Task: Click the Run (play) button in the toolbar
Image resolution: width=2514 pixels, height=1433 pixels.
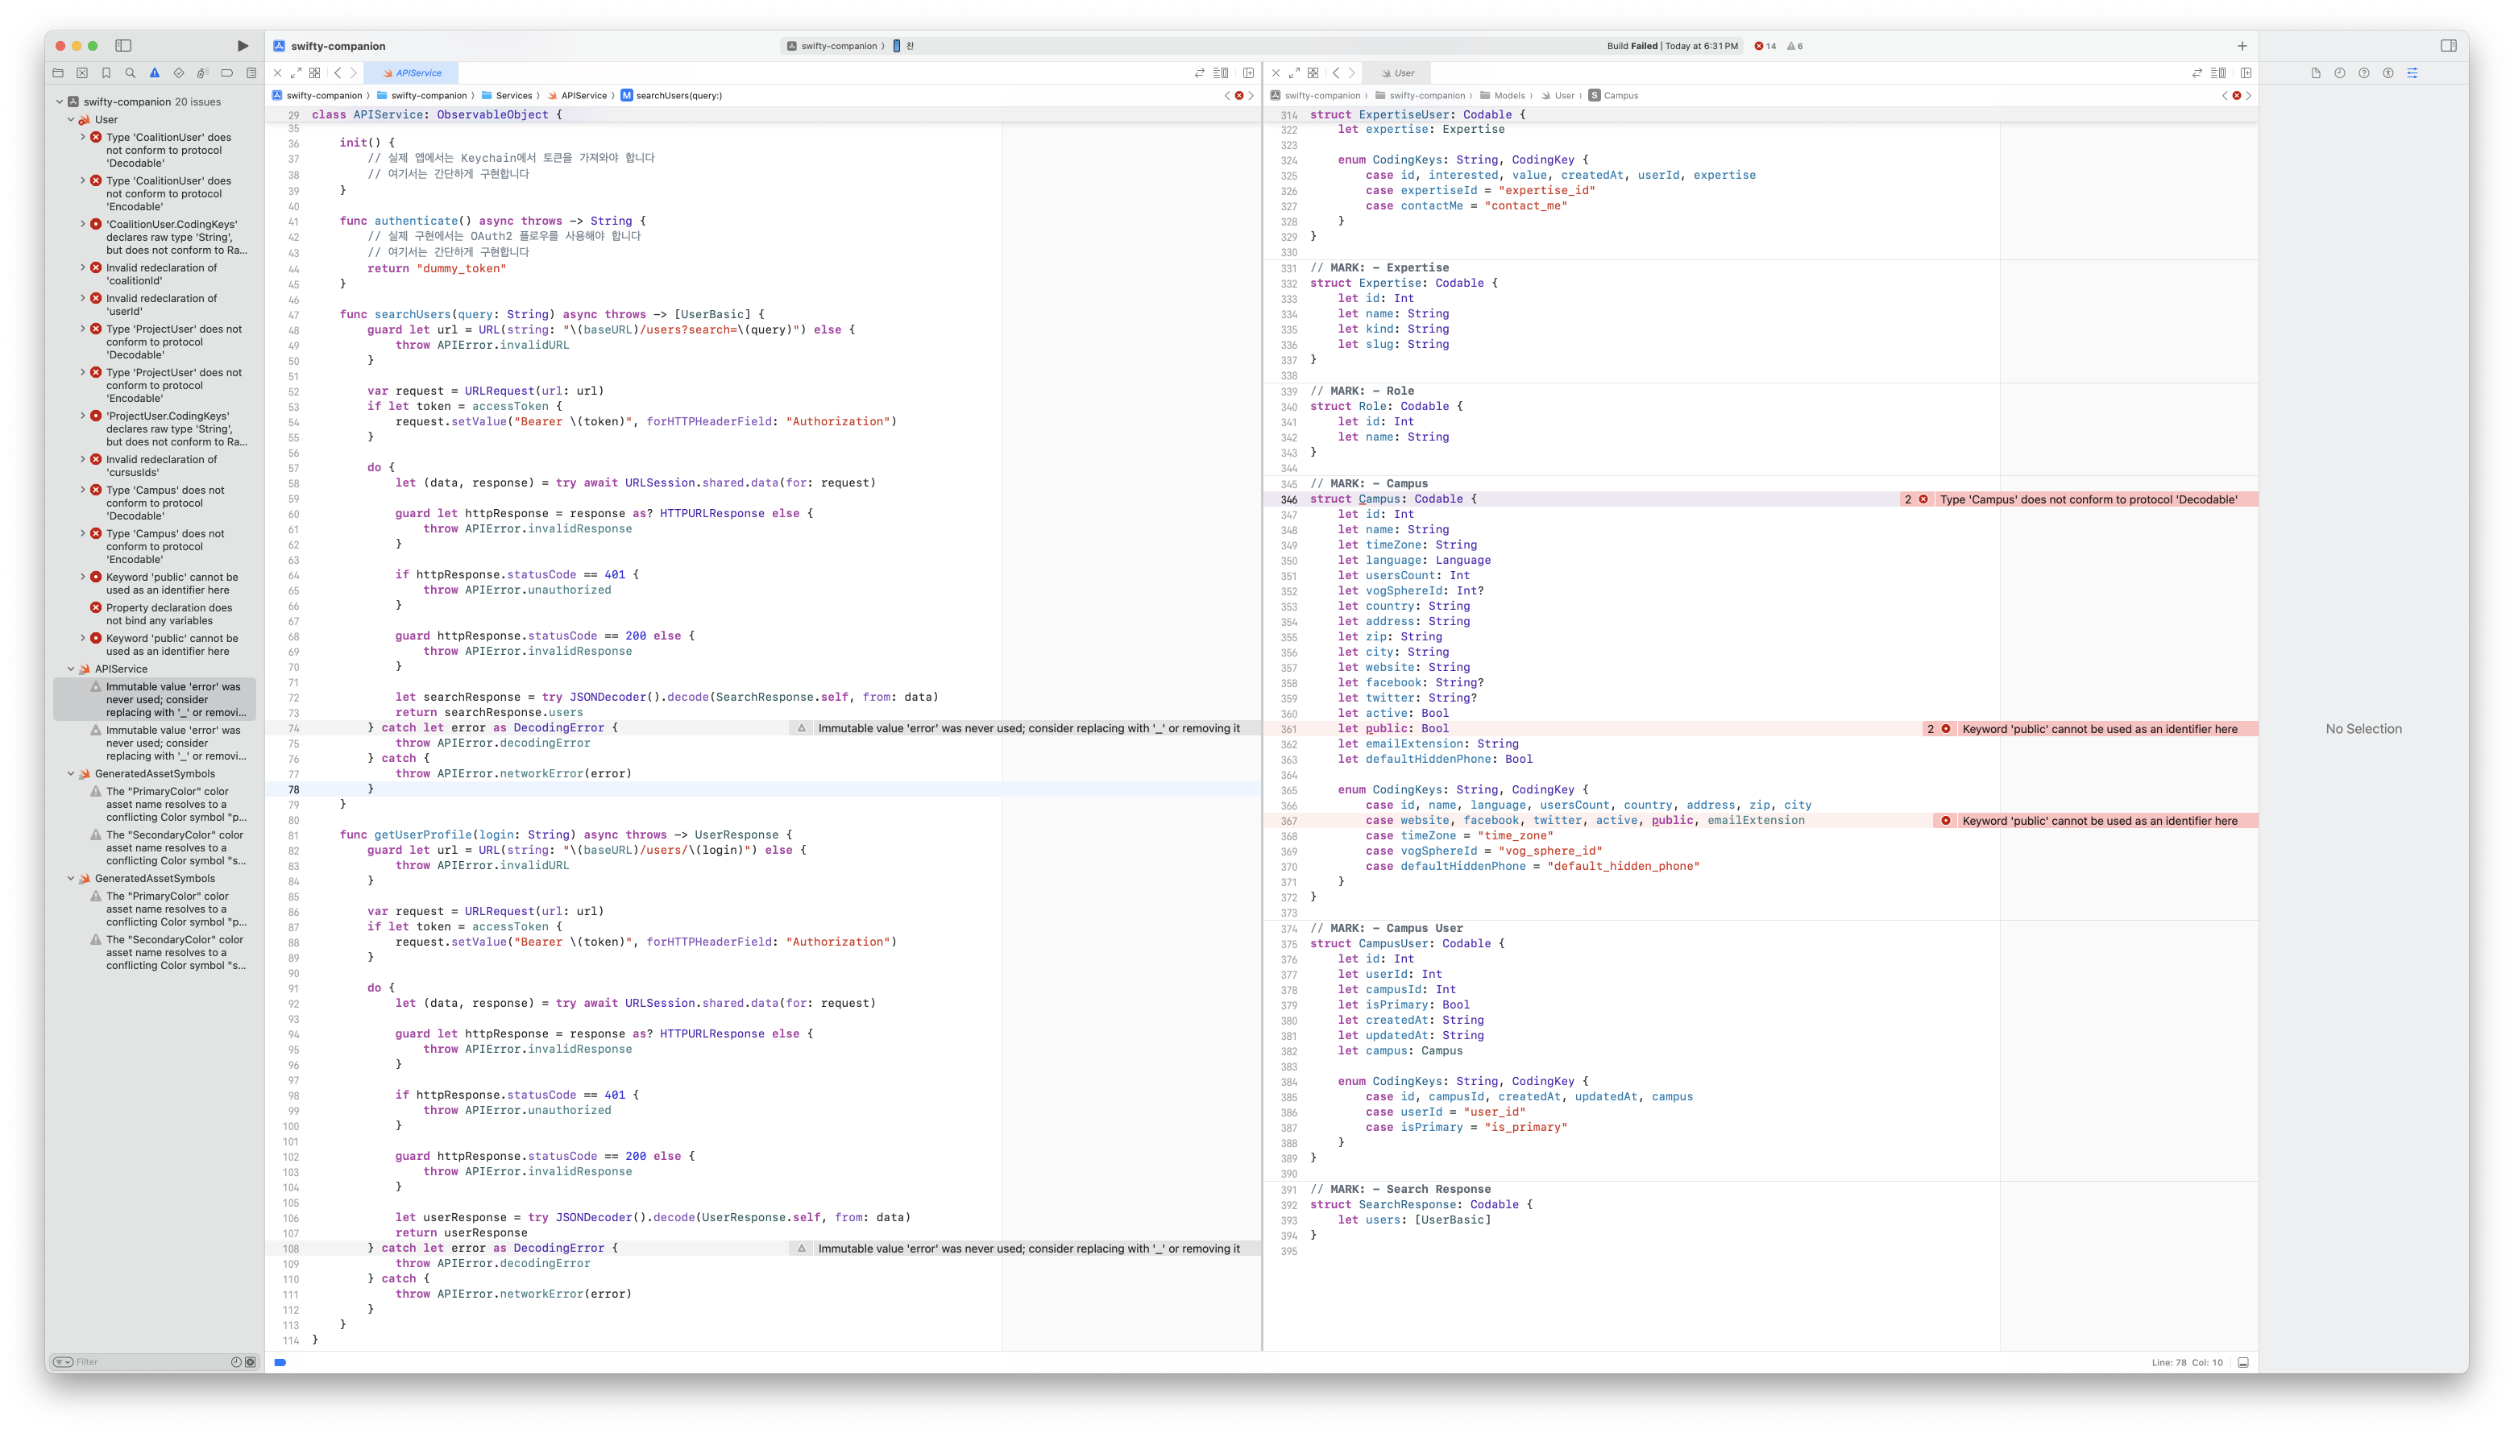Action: pos(243,46)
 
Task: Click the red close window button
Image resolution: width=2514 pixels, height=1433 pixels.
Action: pos(60,46)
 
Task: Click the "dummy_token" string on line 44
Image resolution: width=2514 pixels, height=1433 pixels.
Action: pos(461,269)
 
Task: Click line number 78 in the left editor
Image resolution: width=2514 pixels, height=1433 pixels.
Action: pos(292,789)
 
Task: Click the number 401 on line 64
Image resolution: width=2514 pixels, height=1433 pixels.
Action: pos(614,575)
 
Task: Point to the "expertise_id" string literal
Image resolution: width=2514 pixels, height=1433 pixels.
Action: pos(1546,191)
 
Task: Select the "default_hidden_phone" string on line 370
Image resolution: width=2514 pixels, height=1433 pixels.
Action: pos(1623,866)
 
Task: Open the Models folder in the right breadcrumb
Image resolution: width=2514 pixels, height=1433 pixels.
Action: pos(1508,96)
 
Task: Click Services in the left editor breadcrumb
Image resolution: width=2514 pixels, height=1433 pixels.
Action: pos(512,96)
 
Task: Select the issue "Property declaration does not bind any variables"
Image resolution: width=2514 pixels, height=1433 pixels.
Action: pos(169,614)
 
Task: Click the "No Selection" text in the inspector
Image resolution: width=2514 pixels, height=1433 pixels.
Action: pos(2363,729)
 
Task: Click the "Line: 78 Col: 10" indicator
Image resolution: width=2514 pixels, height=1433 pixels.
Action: pos(2186,1363)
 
